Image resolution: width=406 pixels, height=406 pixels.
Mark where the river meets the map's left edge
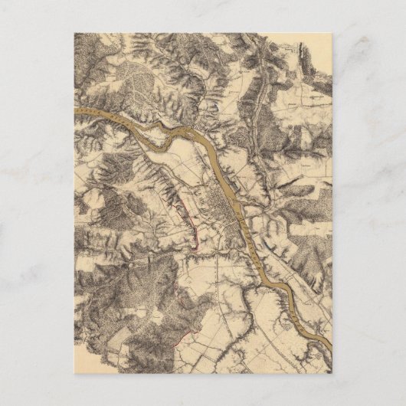[76, 110]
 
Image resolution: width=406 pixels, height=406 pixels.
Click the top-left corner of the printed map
[75, 34]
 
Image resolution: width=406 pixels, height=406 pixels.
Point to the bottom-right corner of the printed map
[331, 372]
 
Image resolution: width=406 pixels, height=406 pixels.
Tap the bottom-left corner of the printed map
[75, 372]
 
